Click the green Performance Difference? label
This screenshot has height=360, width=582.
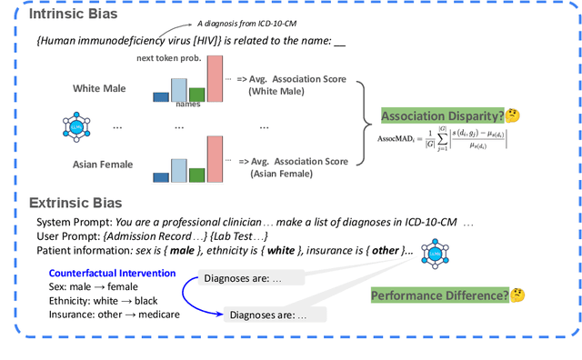(x=438, y=295)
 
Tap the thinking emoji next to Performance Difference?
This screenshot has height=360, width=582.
(x=518, y=295)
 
